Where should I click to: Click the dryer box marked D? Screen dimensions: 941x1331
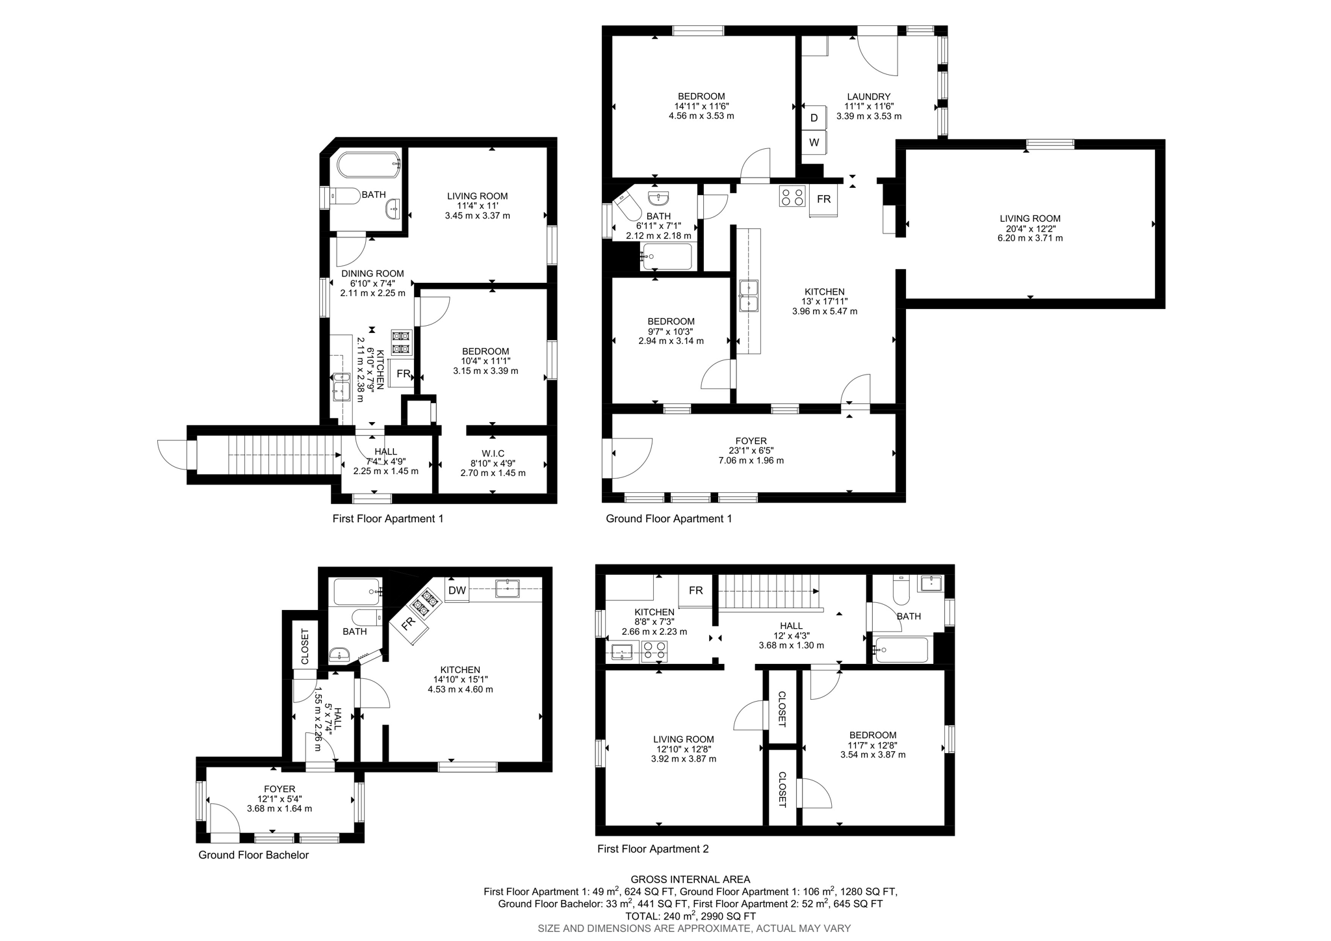[814, 118]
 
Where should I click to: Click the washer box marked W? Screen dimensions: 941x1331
[814, 142]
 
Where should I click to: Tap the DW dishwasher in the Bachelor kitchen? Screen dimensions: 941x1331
[457, 590]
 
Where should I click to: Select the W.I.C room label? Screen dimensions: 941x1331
[493, 453]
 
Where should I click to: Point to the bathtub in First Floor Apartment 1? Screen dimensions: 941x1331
[368, 165]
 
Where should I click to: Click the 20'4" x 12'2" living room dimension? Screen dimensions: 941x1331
[1029, 228]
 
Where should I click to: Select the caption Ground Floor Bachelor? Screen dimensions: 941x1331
[253, 855]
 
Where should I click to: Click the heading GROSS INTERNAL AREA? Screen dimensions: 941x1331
[690, 879]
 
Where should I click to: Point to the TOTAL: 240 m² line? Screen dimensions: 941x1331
[690, 916]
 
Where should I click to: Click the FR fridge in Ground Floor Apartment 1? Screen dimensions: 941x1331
[823, 200]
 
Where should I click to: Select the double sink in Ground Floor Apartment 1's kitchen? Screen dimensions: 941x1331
[749, 296]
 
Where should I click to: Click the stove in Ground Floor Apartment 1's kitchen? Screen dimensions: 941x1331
[793, 196]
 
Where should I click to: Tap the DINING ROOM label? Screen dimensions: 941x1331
[372, 274]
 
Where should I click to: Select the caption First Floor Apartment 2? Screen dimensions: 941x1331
[653, 849]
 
